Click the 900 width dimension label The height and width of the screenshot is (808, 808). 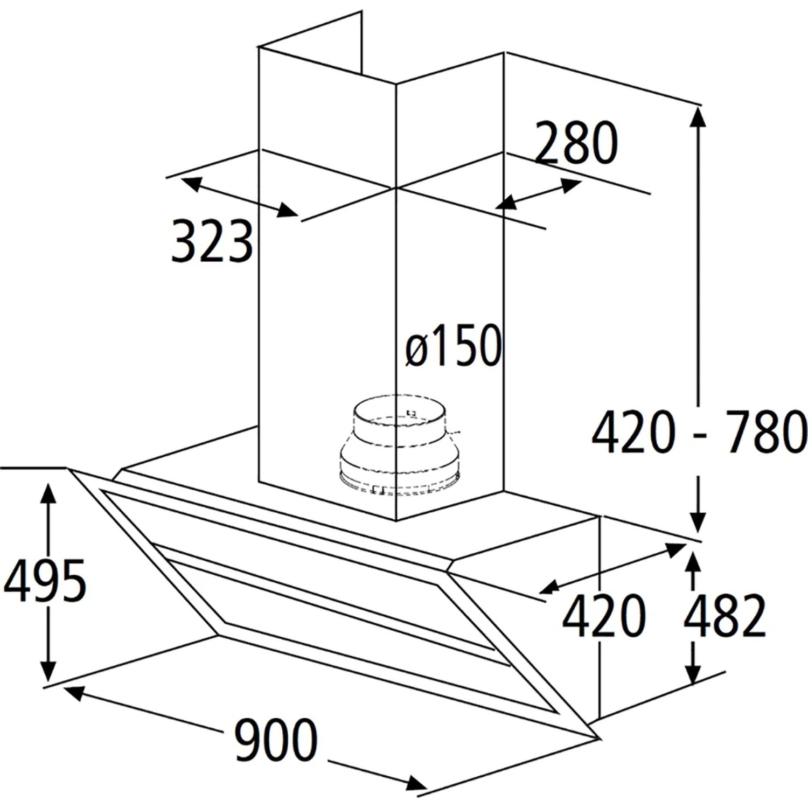276,739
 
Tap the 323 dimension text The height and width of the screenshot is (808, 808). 212,241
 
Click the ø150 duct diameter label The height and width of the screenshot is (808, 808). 454,345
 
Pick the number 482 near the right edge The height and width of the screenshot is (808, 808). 725,615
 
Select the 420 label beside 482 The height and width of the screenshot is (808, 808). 603,615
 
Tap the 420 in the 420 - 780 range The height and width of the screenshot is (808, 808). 633,431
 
